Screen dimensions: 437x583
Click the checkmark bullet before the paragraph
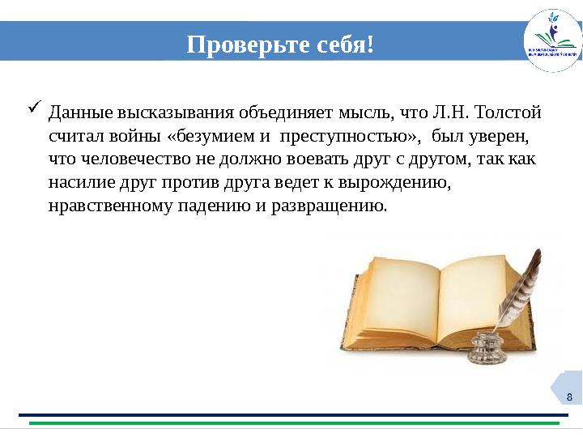pos(35,106)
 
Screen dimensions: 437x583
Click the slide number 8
pos(569,396)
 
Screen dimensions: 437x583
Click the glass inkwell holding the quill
pos(487,348)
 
